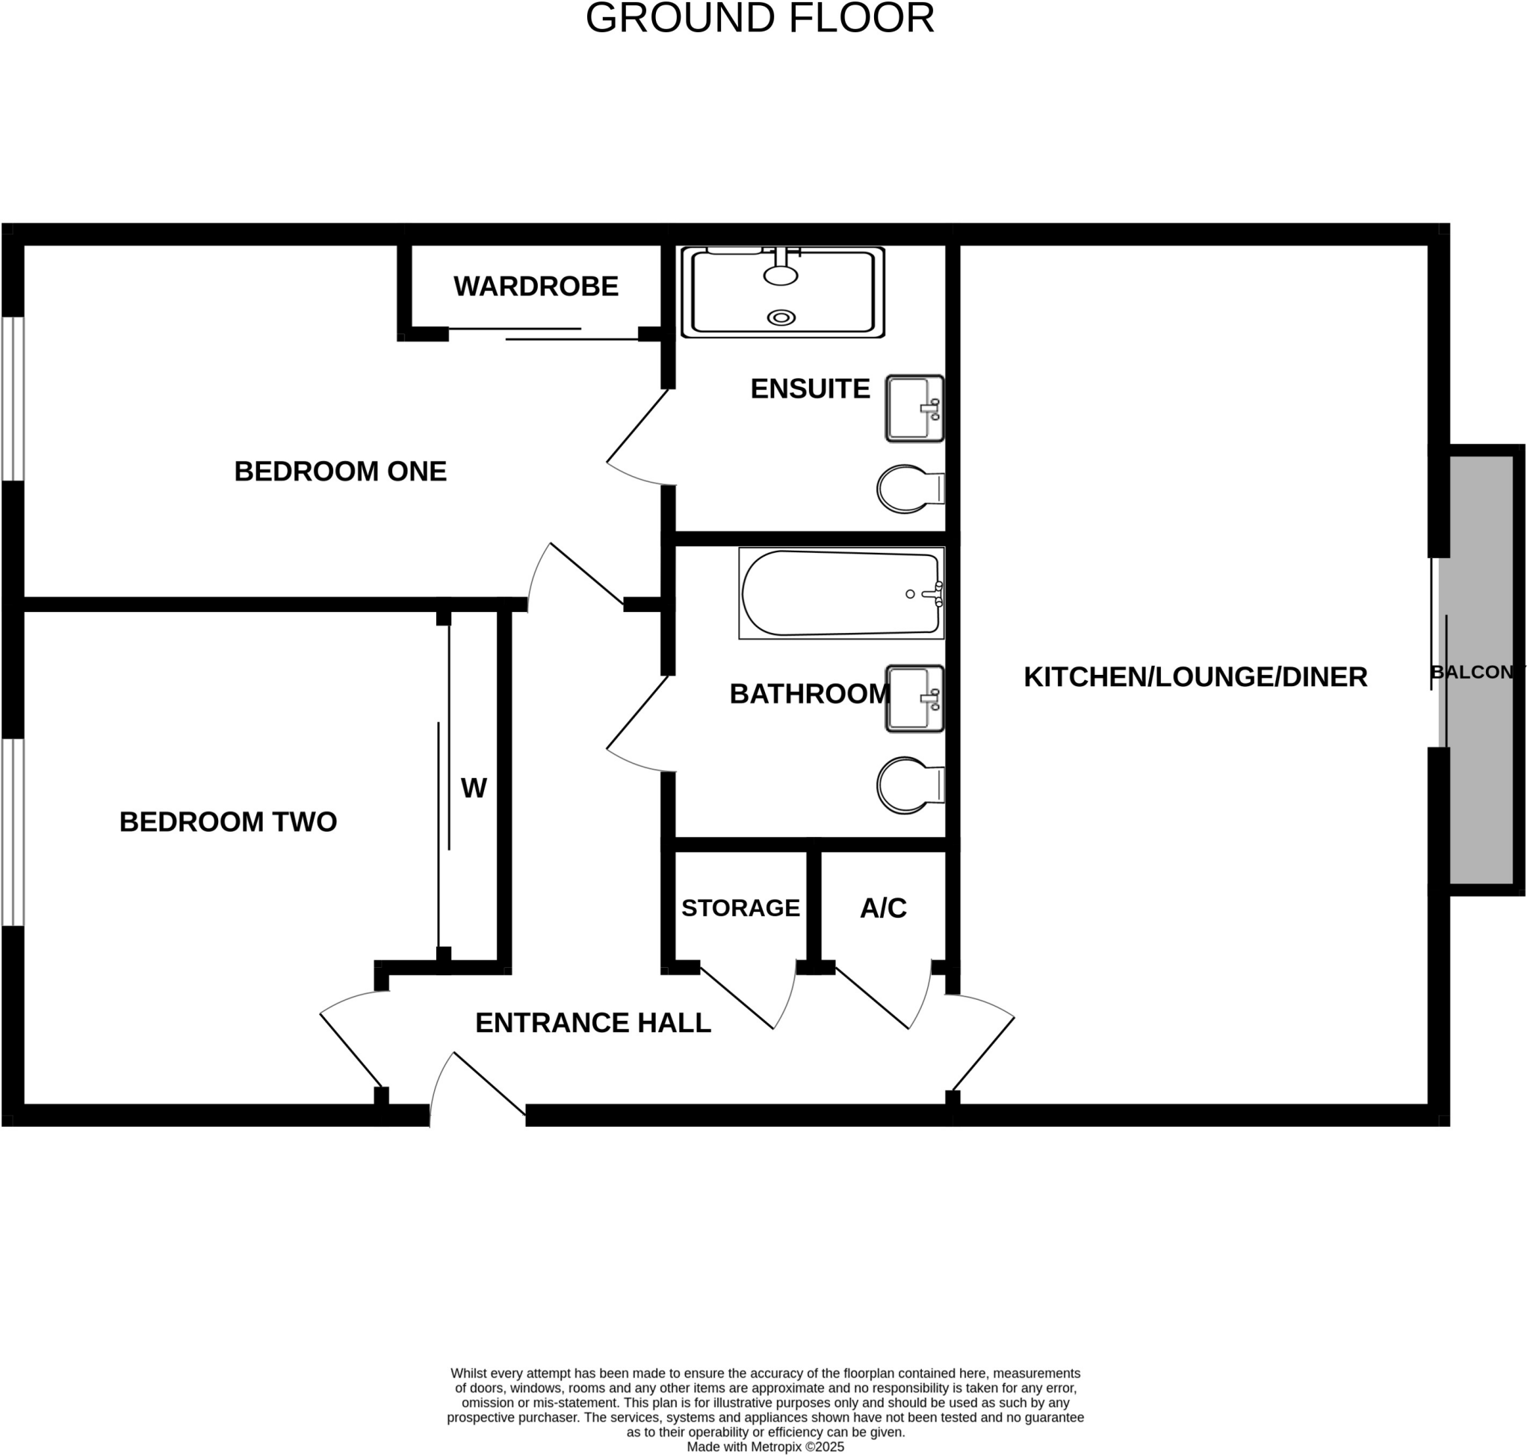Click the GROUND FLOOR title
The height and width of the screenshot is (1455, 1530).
[759, 19]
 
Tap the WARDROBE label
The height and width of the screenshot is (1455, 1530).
[536, 287]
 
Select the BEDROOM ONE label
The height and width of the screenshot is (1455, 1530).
[341, 472]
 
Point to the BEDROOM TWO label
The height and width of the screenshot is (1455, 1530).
[228, 822]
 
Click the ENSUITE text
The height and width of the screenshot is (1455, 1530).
[810, 389]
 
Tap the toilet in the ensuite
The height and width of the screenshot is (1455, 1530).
[907, 489]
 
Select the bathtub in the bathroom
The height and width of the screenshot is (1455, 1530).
[840, 593]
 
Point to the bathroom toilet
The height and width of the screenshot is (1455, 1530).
[907, 785]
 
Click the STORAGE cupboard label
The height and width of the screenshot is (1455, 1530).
[740, 908]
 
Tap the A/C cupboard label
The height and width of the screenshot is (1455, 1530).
[883, 908]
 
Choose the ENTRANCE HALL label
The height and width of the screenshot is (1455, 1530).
[592, 1023]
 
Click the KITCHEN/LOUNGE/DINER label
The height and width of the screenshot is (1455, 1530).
[1195, 677]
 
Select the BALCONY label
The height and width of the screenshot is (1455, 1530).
[1476, 673]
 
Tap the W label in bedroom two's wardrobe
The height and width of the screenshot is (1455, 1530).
[474, 788]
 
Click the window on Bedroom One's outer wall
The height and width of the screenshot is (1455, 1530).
[13, 398]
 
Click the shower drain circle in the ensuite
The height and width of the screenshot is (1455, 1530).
[781, 317]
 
